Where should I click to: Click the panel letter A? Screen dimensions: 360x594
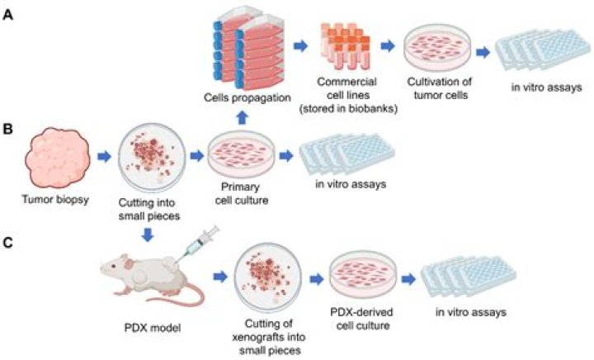7,13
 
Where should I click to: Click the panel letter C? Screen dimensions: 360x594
7,243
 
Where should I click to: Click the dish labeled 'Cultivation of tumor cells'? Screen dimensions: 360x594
437,51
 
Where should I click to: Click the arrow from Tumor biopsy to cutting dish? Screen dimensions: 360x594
104,155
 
